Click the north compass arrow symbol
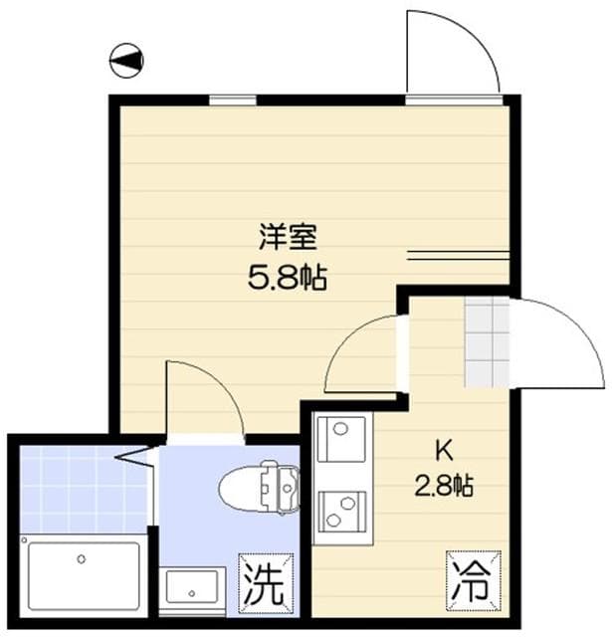coord(126,61)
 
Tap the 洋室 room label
coord(288,238)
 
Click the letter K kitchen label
coord(441,446)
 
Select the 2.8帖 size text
coord(443,486)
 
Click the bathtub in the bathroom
coord(84,575)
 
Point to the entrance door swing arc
coord(557,343)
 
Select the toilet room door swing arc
coord(204,398)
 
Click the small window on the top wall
coord(231,100)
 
